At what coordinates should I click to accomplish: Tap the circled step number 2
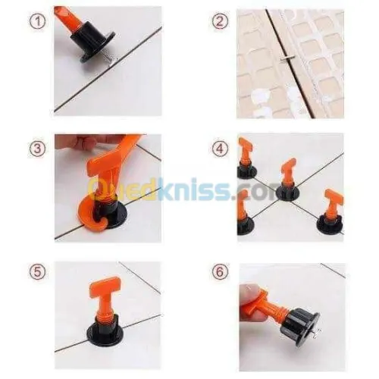(x=219, y=21)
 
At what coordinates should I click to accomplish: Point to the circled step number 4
(x=219, y=149)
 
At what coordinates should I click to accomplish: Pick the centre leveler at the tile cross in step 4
(x=287, y=182)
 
